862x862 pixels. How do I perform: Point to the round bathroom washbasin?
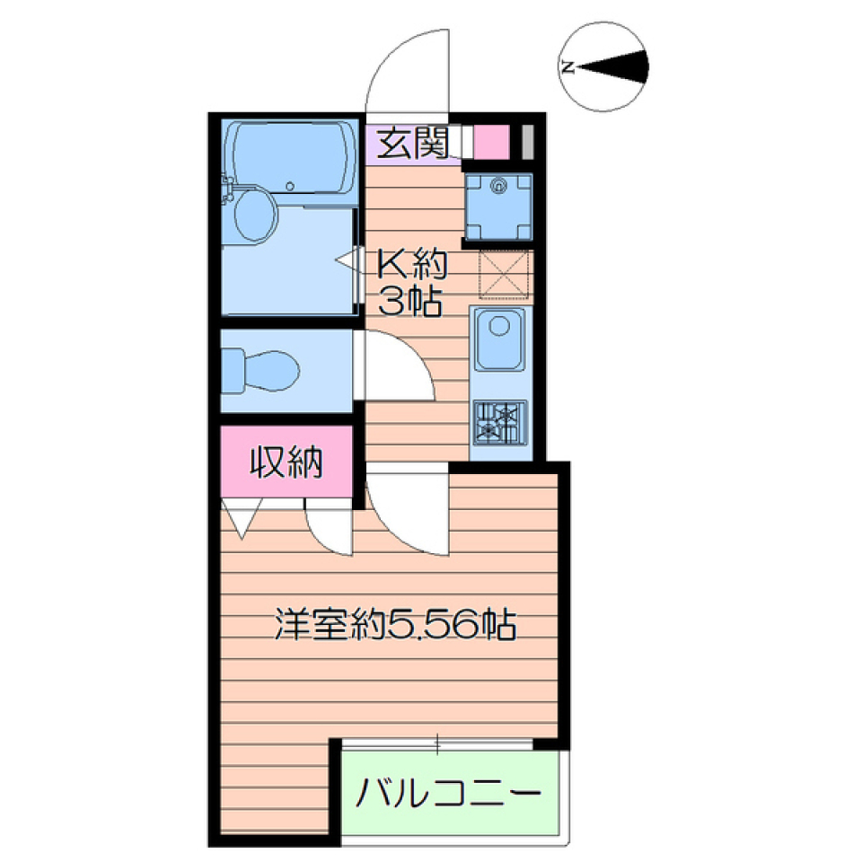point(254,214)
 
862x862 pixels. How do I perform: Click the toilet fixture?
point(261,369)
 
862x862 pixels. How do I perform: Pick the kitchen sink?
point(500,338)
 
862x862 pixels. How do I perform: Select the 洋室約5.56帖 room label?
point(395,623)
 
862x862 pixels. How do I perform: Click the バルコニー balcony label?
point(450,793)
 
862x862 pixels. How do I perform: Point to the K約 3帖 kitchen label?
point(410,282)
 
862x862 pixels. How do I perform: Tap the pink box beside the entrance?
point(491,142)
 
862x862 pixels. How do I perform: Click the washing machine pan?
point(499,205)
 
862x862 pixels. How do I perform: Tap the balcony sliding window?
point(438,743)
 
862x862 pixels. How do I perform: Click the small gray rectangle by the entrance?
point(527,142)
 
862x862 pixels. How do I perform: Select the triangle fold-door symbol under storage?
point(242,517)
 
